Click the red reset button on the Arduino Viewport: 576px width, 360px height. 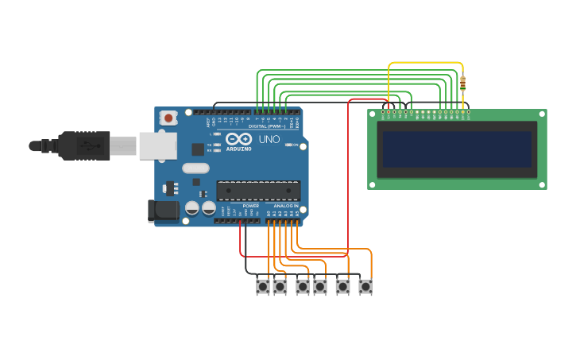(x=168, y=118)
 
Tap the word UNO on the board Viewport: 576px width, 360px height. (x=269, y=139)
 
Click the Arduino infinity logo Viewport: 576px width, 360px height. (x=238, y=138)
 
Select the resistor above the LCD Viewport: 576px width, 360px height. (x=463, y=83)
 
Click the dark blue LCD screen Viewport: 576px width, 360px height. (x=457, y=149)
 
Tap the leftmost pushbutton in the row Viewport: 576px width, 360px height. (x=263, y=286)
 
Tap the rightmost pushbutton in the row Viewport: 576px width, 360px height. (x=365, y=286)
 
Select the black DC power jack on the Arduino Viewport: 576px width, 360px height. (x=163, y=210)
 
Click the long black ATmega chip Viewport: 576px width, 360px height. (x=259, y=190)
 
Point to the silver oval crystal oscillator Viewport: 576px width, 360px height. (x=195, y=168)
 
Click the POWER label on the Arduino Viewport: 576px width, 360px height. (x=250, y=206)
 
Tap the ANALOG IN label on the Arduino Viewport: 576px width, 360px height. (x=286, y=206)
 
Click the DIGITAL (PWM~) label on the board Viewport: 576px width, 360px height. (x=266, y=126)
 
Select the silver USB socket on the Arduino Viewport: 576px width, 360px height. (x=157, y=145)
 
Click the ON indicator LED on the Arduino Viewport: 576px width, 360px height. (x=288, y=145)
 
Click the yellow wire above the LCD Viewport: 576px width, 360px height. (x=425, y=63)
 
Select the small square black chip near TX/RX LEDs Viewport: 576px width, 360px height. (x=198, y=149)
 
